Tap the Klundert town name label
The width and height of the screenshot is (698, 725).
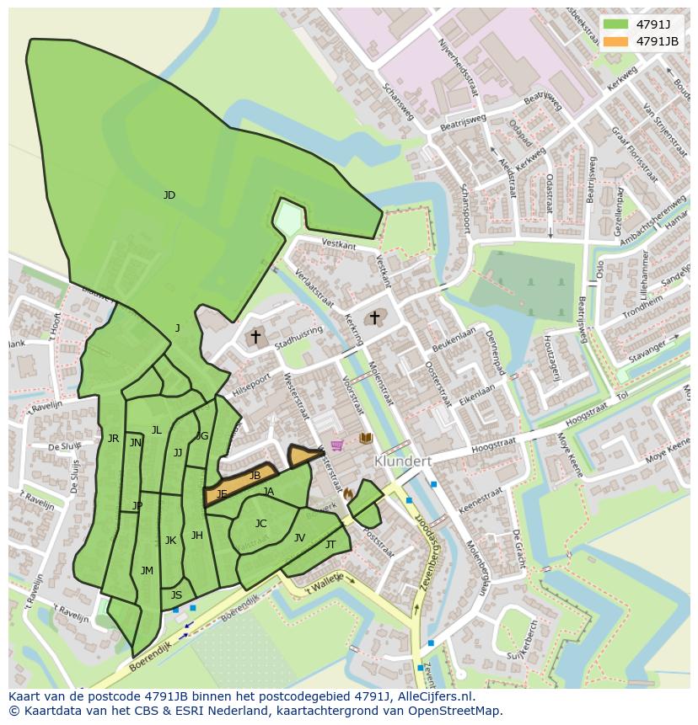coord(403,461)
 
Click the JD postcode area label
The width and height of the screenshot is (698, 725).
coord(169,195)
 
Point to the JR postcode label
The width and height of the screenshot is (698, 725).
coord(113,439)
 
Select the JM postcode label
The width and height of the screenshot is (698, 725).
coord(147,571)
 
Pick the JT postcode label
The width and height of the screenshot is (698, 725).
coord(330,545)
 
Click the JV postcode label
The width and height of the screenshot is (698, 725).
coord(299,538)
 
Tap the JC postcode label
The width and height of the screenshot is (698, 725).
coord(260,524)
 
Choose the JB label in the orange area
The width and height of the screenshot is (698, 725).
coord(255,476)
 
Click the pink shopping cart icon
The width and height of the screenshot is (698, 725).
coord(337,445)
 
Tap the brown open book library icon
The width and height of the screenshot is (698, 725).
coord(365,438)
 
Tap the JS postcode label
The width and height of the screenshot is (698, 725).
coord(176,595)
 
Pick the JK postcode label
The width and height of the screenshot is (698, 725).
coord(170,541)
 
